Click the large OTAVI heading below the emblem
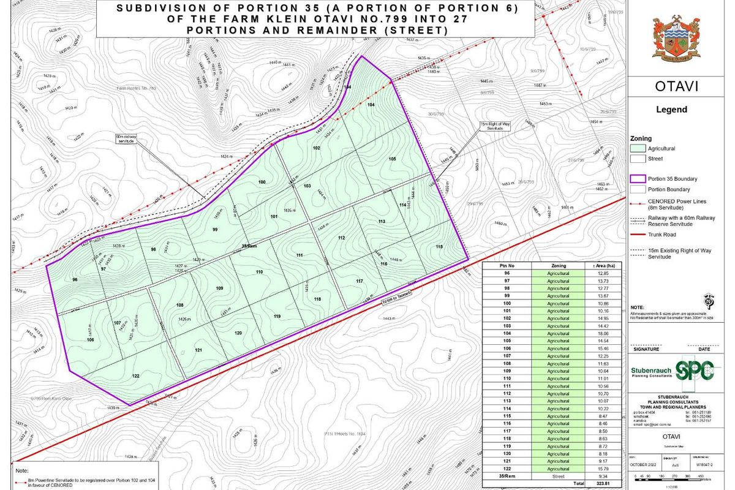(x=676, y=86)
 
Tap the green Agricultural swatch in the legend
(x=638, y=148)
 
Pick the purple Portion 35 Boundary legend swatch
(x=638, y=179)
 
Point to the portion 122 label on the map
(x=136, y=375)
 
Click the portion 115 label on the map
(x=439, y=246)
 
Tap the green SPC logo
(x=695, y=371)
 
